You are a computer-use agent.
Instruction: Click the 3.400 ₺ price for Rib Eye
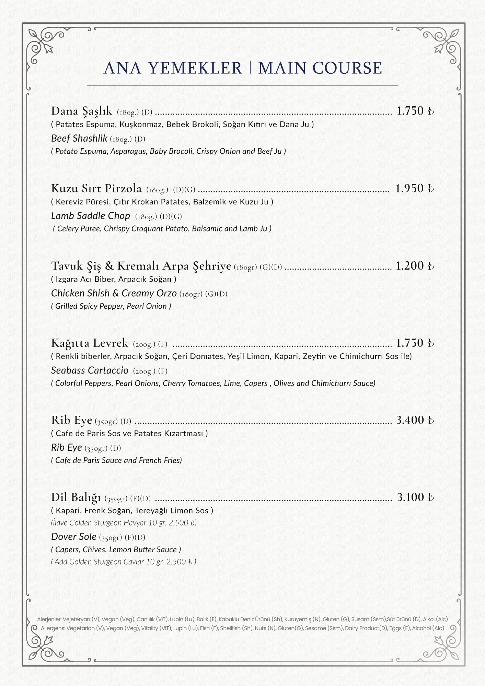point(414,420)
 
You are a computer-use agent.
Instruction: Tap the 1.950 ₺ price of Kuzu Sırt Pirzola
point(414,188)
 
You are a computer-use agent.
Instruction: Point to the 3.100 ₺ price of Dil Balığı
point(415,497)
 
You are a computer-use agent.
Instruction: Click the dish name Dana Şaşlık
point(82,111)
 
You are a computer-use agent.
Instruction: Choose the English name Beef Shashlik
point(79,139)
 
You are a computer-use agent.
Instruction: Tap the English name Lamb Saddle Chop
point(91,216)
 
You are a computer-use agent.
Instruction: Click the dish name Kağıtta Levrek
point(90,343)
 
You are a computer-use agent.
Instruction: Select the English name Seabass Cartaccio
point(90,370)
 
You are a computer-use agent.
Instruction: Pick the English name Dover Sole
point(74,537)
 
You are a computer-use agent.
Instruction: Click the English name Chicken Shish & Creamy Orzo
point(114,293)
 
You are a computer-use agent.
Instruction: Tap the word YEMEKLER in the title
point(195,68)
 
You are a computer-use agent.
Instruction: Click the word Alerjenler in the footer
point(49,619)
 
